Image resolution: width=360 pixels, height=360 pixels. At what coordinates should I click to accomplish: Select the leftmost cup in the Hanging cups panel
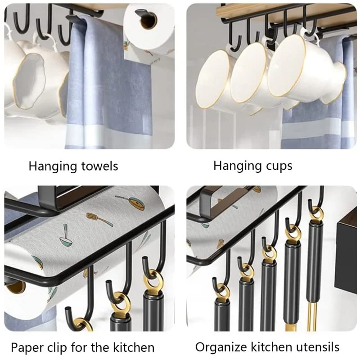click(214, 79)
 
